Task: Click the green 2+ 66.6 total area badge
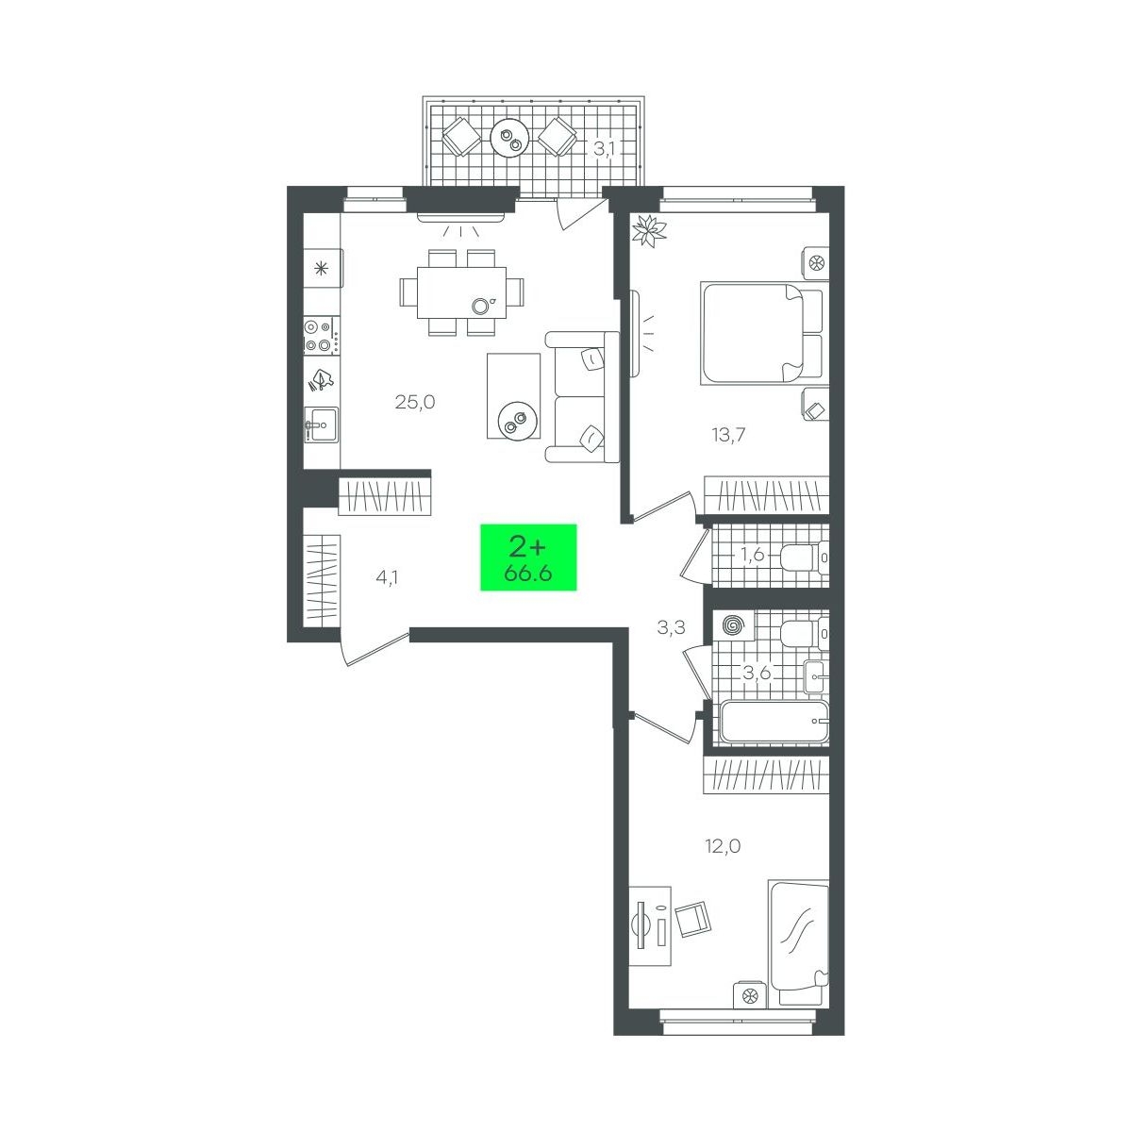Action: pos(528,557)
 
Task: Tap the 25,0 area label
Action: pos(415,403)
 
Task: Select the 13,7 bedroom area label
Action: pos(728,435)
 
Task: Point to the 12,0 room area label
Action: pos(723,846)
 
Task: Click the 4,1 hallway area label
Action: pos(387,578)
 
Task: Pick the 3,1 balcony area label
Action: pos(604,149)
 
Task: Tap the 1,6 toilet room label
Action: pos(753,554)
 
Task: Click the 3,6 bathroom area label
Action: pos(757,673)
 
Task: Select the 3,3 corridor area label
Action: pos(672,628)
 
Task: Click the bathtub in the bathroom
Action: pos(774,721)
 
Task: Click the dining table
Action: pos(461,291)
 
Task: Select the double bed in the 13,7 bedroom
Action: pos(765,333)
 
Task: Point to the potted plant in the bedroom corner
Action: pos(649,229)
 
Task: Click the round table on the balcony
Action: pos(510,138)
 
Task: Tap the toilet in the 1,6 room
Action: pos(806,557)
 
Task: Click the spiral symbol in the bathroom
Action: pos(732,625)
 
